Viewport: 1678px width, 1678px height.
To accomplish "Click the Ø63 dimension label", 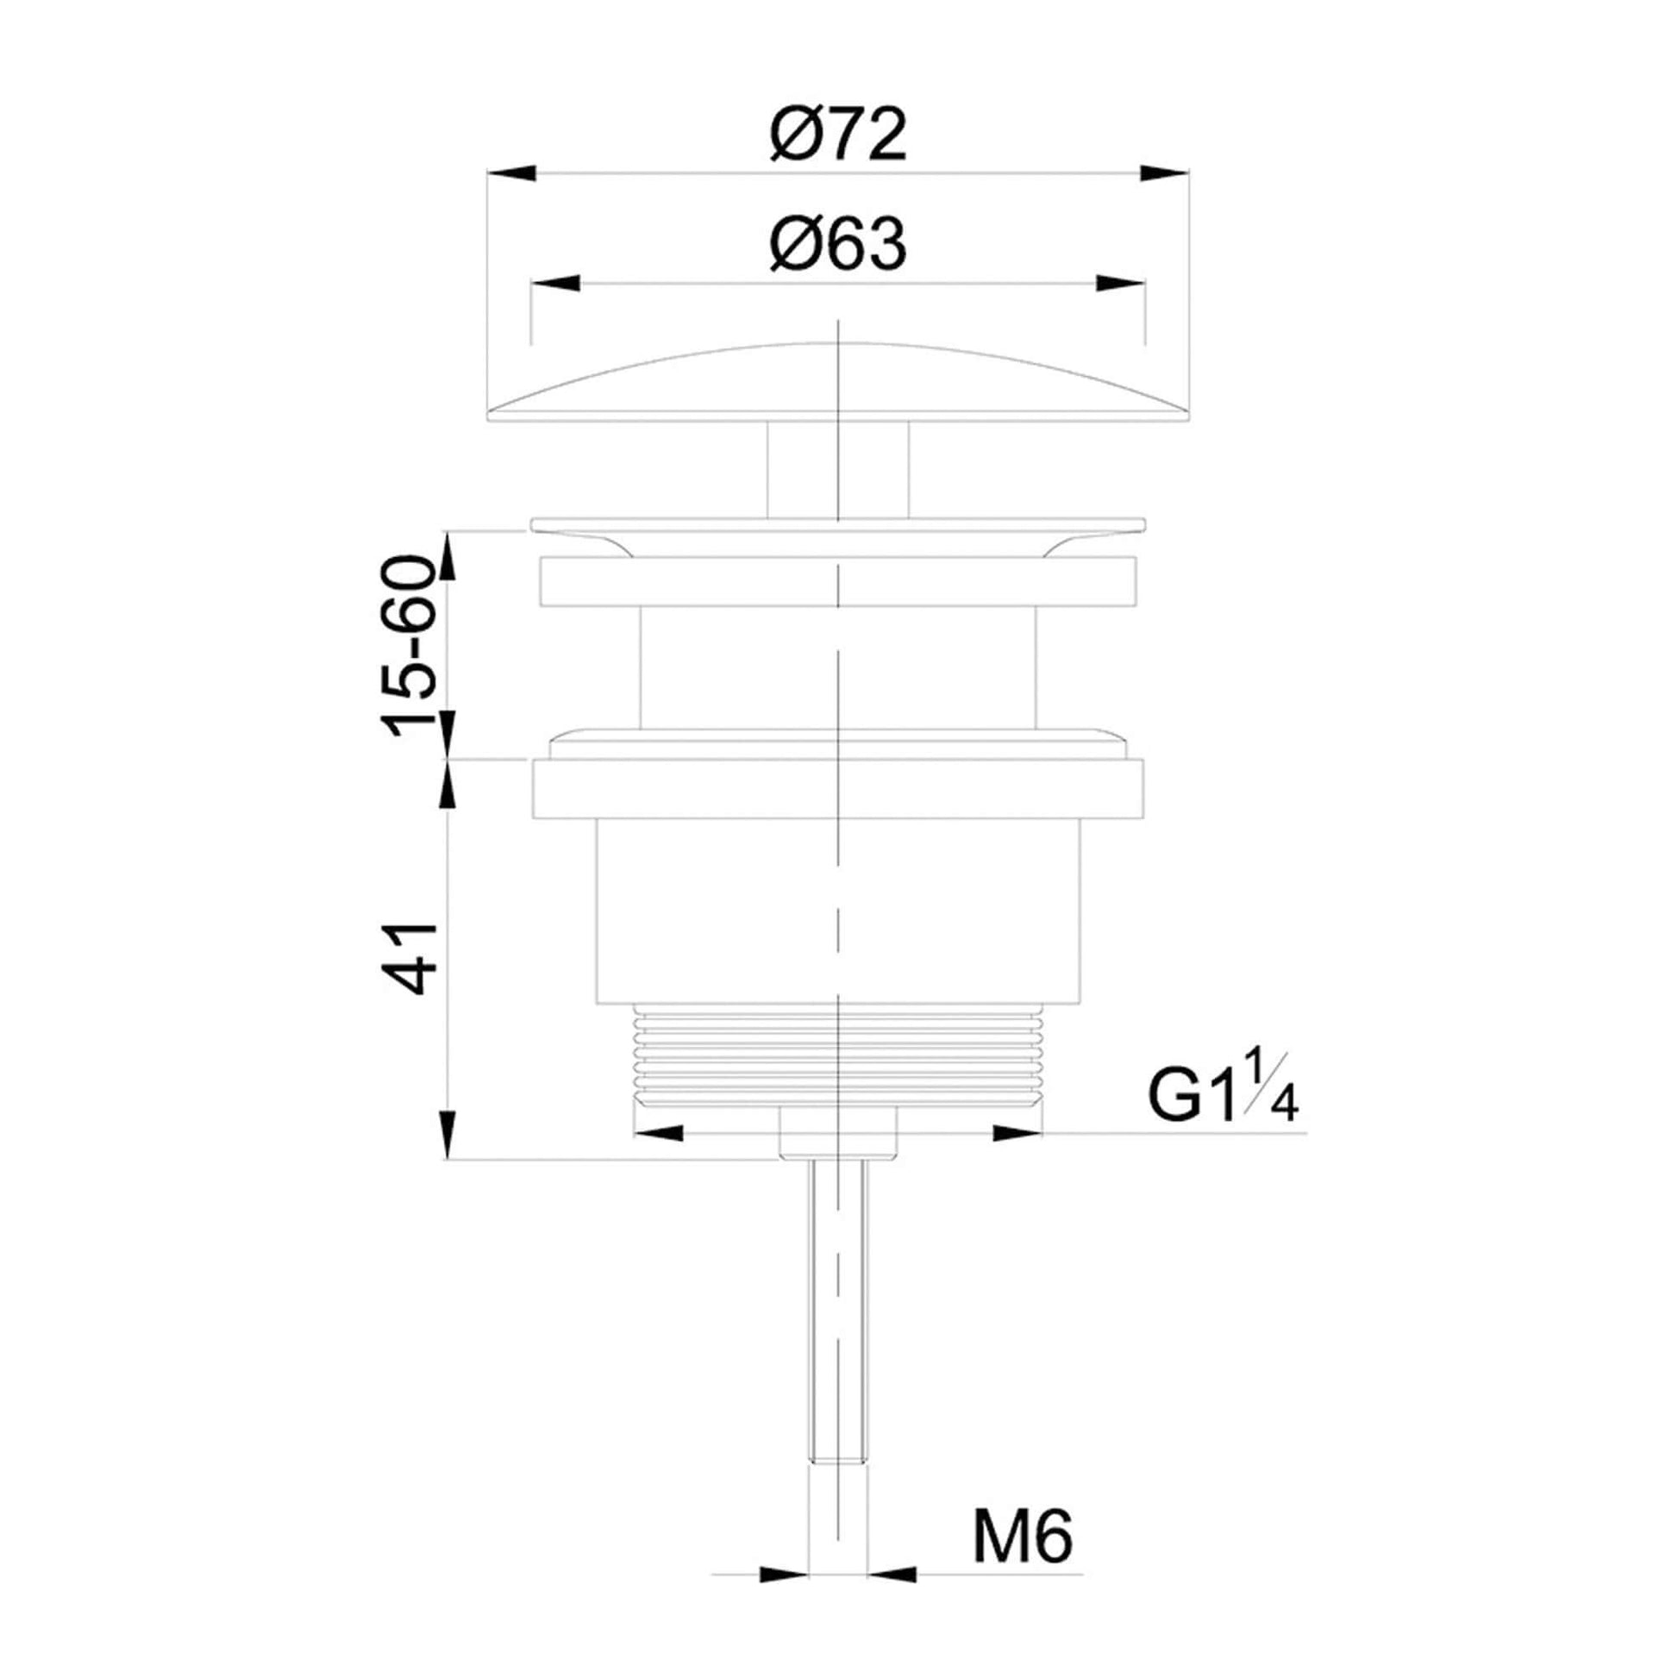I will click(838, 245).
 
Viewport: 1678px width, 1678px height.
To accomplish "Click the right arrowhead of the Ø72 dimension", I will click(1165, 173).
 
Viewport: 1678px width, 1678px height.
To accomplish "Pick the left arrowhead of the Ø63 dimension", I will click(555, 284).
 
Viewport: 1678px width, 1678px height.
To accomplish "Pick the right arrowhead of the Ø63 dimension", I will click(1120, 284).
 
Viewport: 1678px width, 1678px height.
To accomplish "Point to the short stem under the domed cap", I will click(837, 469).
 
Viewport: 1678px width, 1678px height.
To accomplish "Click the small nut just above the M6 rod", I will click(837, 1132).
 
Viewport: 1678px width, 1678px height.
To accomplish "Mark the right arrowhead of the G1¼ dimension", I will click(1017, 1132).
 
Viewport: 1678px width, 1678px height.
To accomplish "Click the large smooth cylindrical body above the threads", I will click(838, 912).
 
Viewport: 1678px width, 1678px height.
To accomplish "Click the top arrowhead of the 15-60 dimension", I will click(448, 555).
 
